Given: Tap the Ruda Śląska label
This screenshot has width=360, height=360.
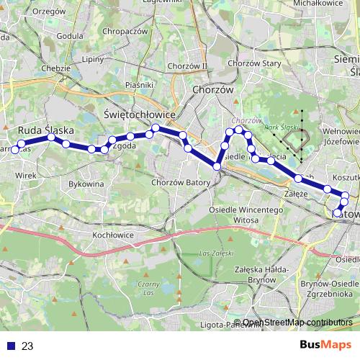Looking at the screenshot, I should click(46, 130).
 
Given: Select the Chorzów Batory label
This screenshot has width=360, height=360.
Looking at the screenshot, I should click(180, 183).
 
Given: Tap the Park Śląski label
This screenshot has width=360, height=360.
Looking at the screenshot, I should click(282, 127).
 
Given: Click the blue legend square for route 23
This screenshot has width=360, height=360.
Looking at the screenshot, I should click(6, 346).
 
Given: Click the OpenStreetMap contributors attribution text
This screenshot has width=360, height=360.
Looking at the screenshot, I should click(297, 323).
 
